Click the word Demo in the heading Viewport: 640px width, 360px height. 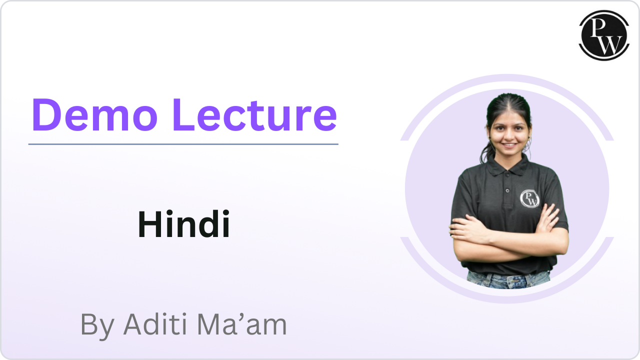95,114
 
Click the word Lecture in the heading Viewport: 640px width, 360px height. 255,114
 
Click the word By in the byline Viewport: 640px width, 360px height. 97,326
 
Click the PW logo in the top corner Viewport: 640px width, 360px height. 604,35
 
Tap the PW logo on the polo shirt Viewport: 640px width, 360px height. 529,198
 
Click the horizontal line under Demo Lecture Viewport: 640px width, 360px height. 183,144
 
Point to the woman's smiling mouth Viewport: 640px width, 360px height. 509,145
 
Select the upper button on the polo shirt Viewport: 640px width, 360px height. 507,174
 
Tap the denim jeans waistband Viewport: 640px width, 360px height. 508,275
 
